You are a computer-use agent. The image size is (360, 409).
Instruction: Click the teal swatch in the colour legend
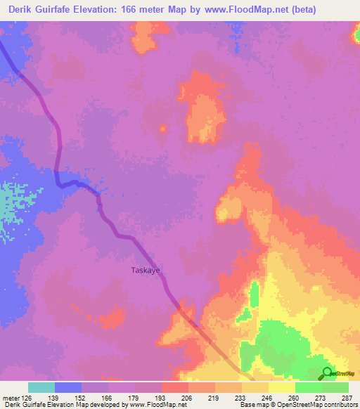41,387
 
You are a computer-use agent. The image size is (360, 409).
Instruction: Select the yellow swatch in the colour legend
281,387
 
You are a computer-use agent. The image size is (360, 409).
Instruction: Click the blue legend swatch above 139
67,387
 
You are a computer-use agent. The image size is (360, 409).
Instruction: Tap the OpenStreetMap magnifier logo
326,373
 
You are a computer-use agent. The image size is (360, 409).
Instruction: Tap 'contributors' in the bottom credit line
340,405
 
